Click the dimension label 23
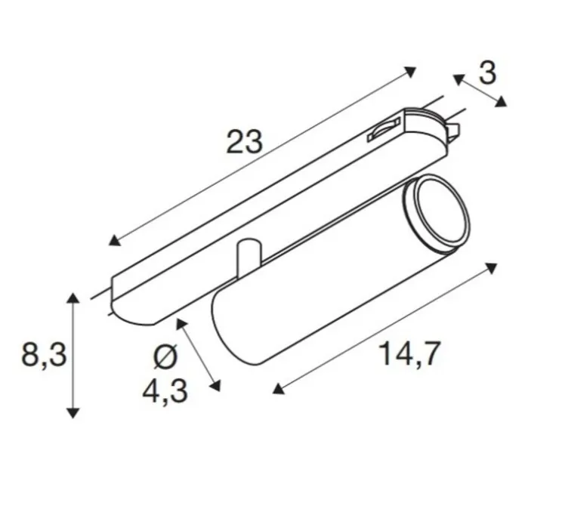click(244, 141)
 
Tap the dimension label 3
click(488, 73)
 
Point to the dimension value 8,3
click(43, 353)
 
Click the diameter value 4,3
click(164, 391)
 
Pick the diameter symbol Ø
click(165, 355)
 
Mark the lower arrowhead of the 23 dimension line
click(114, 240)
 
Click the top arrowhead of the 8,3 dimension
click(73, 298)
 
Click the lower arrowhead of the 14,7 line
click(278, 388)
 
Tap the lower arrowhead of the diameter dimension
click(218, 388)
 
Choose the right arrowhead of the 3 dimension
click(502, 102)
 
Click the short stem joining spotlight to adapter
click(248, 259)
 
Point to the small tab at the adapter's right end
click(453, 131)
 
